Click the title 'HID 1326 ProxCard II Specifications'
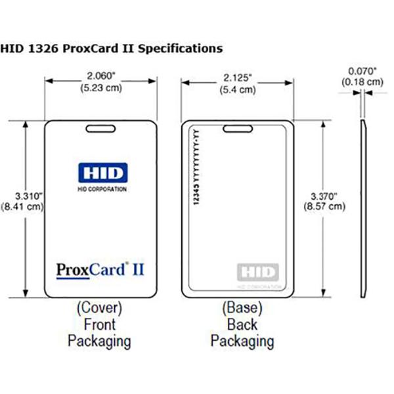(x=111, y=48)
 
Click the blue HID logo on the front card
(x=100, y=175)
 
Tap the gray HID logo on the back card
(x=257, y=271)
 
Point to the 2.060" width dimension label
(x=100, y=75)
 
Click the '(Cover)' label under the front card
(x=100, y=307)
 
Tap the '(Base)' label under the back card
(x=242, y=307)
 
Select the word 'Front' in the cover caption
(x=100, y=324)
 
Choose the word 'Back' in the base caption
(x=242, y=324)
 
